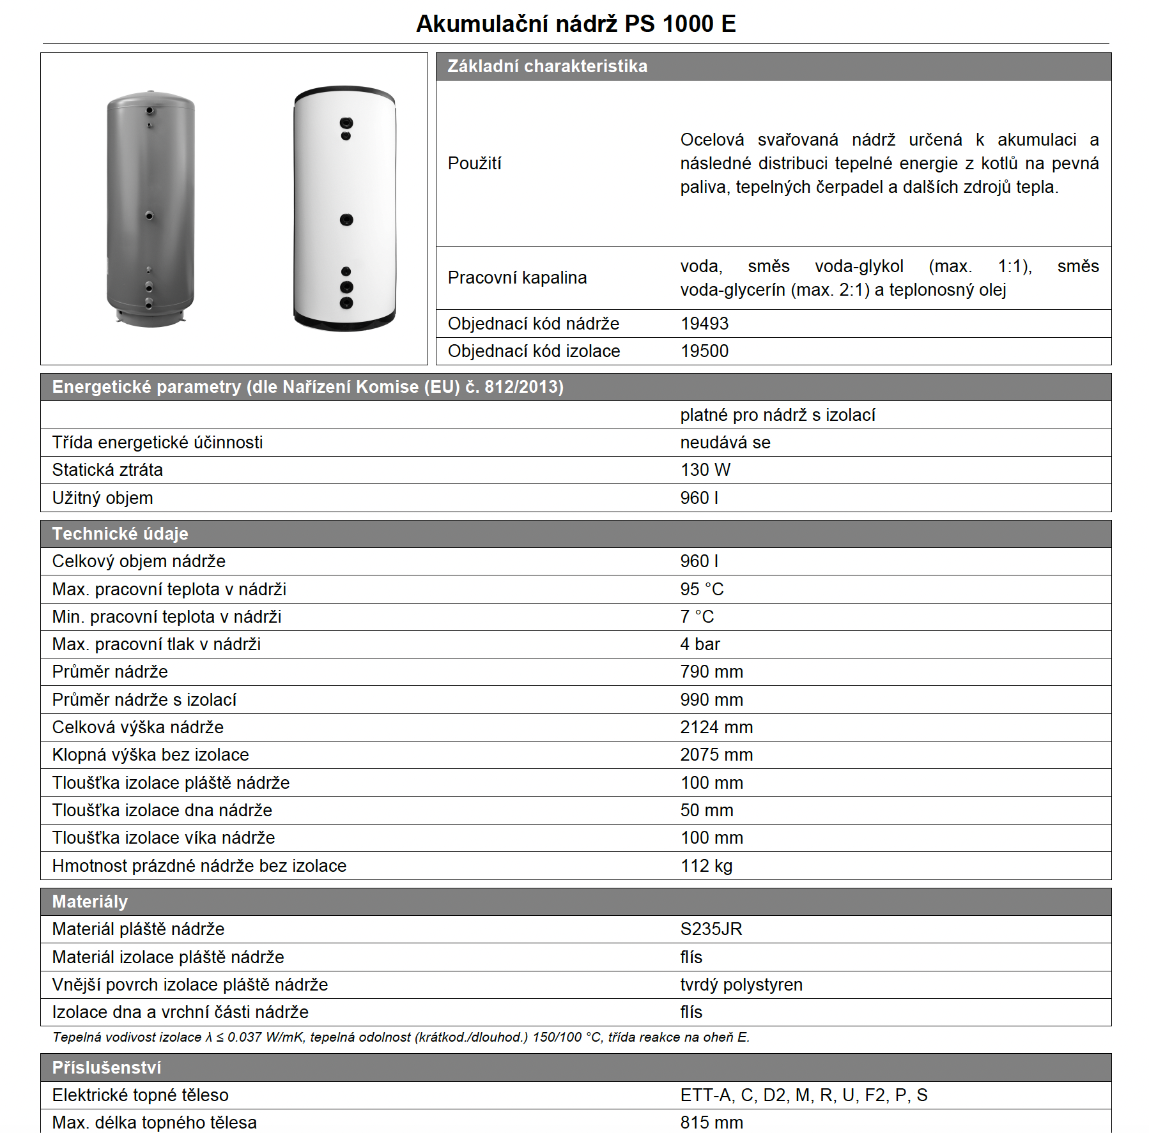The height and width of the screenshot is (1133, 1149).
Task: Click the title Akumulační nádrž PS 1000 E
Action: (x=576, y=24)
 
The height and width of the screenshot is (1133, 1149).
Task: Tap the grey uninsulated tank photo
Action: (x=151, y=209)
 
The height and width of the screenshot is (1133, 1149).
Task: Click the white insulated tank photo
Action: (x=345, y=209)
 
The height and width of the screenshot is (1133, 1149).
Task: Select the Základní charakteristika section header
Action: (x=547, y=66)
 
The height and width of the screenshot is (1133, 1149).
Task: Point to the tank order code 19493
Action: (x=704, y=324)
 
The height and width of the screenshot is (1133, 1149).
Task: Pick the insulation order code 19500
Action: (x=704, y=351)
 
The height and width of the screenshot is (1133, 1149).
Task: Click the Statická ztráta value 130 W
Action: (x=705, y=470)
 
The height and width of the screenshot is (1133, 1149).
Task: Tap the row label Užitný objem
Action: (x=103, y=498)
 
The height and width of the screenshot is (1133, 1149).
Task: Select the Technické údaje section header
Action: (x=120, y=534)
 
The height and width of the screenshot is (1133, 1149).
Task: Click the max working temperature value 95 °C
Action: (x=702, y=589)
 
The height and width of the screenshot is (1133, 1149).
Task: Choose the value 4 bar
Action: (x=700, y=644)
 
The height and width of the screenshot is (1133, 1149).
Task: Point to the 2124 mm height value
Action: (x=716, y=727)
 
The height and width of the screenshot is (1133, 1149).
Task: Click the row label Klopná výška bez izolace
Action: (x=150, y=755)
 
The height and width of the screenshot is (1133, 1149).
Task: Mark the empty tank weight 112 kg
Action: (x=706, y=866)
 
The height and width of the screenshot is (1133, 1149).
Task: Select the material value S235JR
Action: (x=711, y=929)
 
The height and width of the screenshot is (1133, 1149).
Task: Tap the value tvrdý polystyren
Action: (x=741, y=985)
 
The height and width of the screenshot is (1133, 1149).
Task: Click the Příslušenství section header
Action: (x=107, y=1068)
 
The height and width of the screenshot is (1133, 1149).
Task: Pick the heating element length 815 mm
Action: (x=711, y=1122)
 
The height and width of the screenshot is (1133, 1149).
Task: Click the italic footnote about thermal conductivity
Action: (x=401, y=1037)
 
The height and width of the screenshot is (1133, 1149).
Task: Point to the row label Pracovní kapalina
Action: (x=517, y=278)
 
